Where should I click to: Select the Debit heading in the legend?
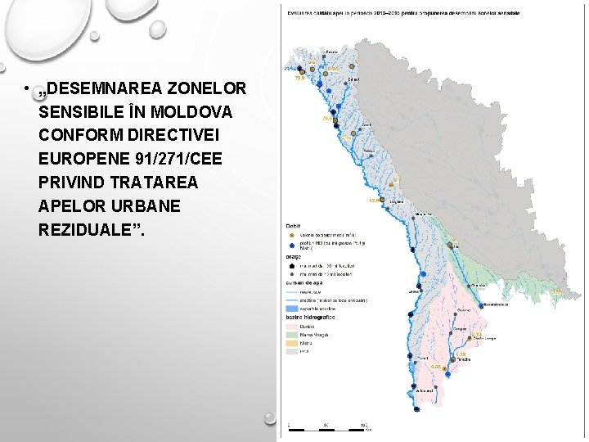coord(293,225)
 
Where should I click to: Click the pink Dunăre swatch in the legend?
coord(291,326)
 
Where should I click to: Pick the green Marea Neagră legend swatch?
coord(291,334)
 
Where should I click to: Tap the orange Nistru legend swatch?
coord(291,343)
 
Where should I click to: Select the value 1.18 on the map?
coord(461,354)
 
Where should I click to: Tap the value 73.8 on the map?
coord(299,79)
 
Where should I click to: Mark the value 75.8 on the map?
coord(327,119)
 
